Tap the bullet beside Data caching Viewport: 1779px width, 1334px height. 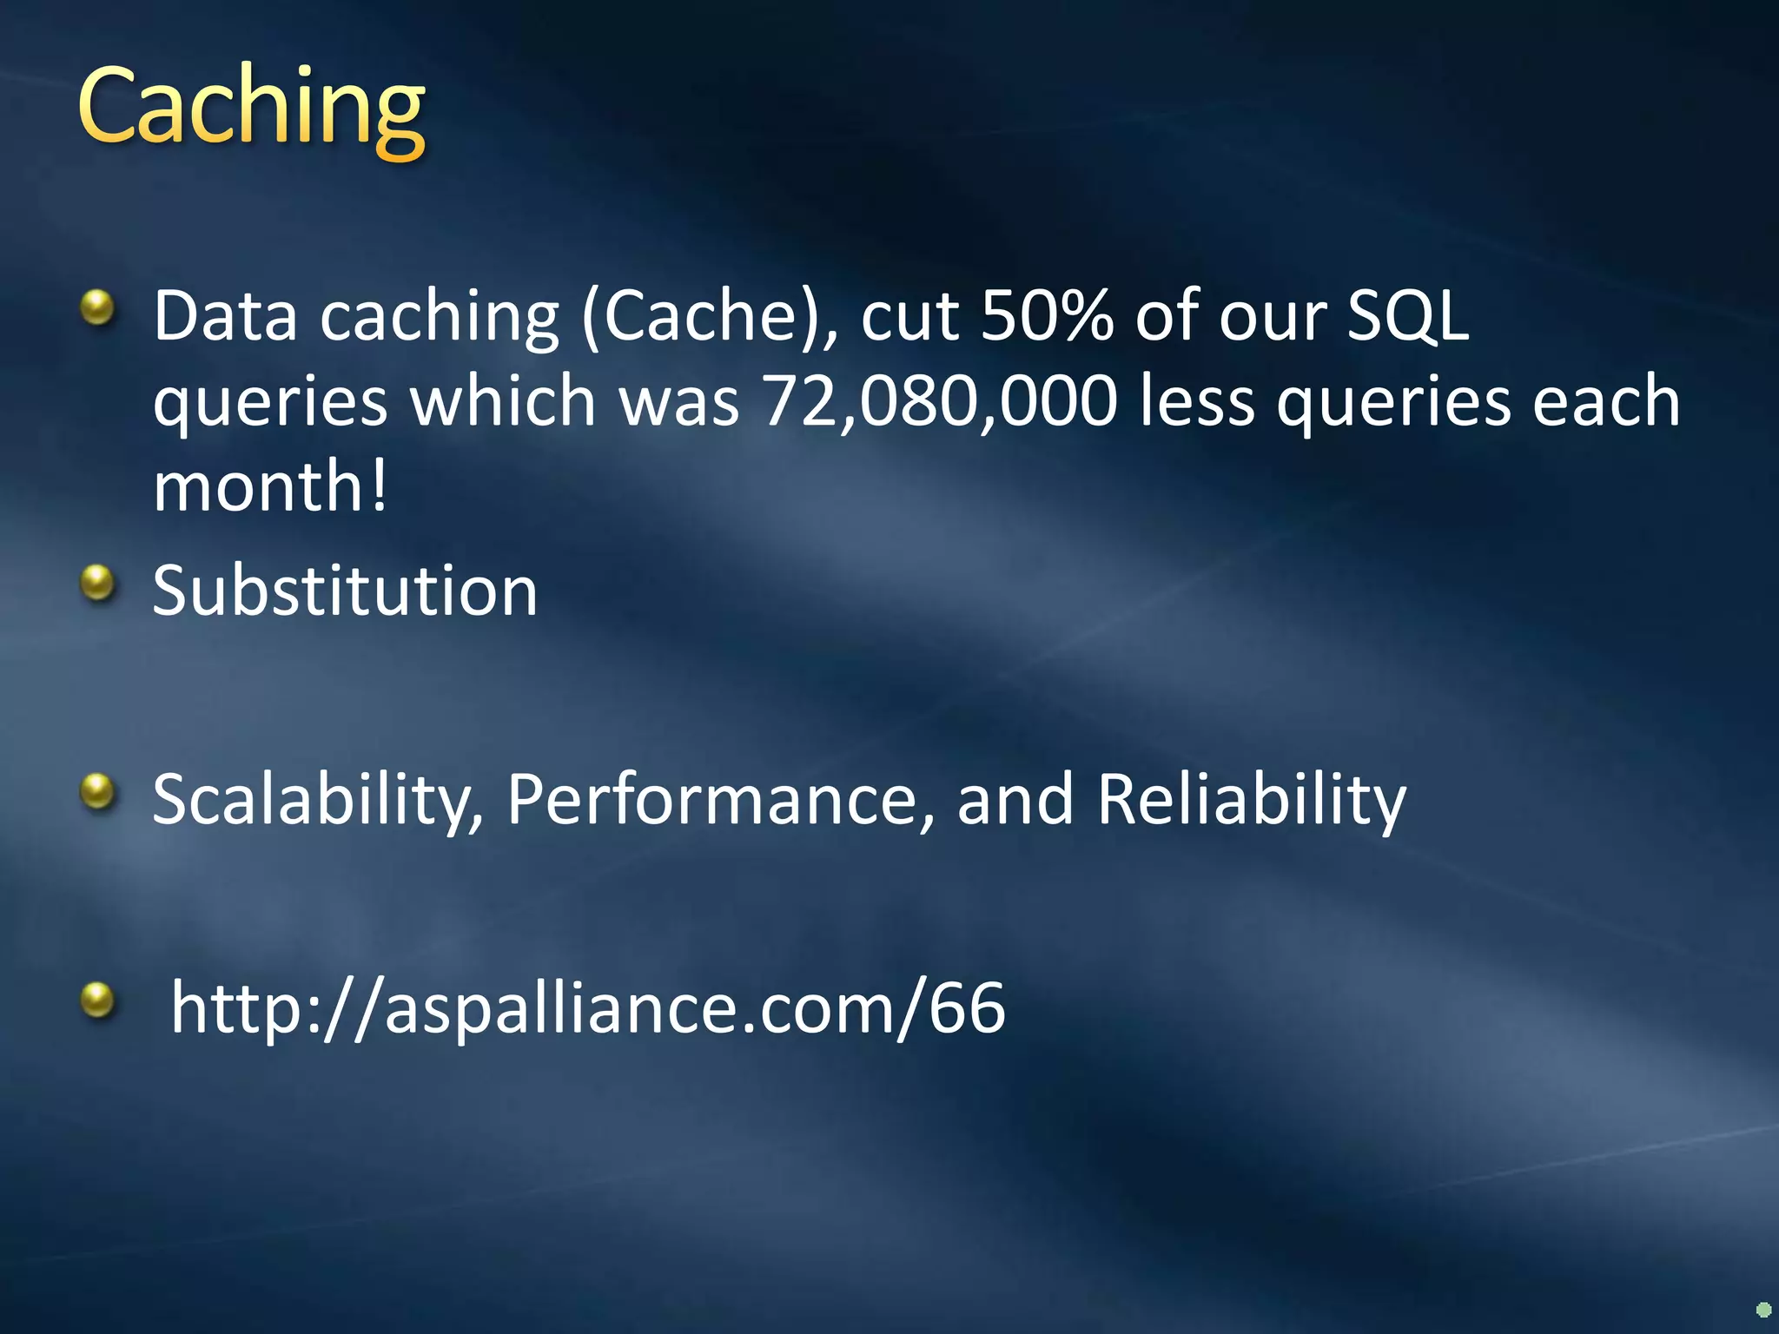[x=97, y=307]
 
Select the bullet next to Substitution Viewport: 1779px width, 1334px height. [x=97, y=583]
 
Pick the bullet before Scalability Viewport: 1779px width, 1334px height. [x=97, y=791]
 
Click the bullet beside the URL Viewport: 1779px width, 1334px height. [x=97, y=1000]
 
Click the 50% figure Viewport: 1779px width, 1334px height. [x=1047, y=314]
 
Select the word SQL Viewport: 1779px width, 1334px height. [x=1407, y=314]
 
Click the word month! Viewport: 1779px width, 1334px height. [x=270, y=486]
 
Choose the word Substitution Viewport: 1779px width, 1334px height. [x=345, y=591]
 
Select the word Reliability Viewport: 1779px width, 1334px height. [x=1251, y=801]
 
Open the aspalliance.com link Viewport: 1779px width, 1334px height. [x=588, y=1007]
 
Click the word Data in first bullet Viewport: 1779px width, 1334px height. [x=226, y=314]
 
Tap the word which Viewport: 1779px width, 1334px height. [x=503, y=401]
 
